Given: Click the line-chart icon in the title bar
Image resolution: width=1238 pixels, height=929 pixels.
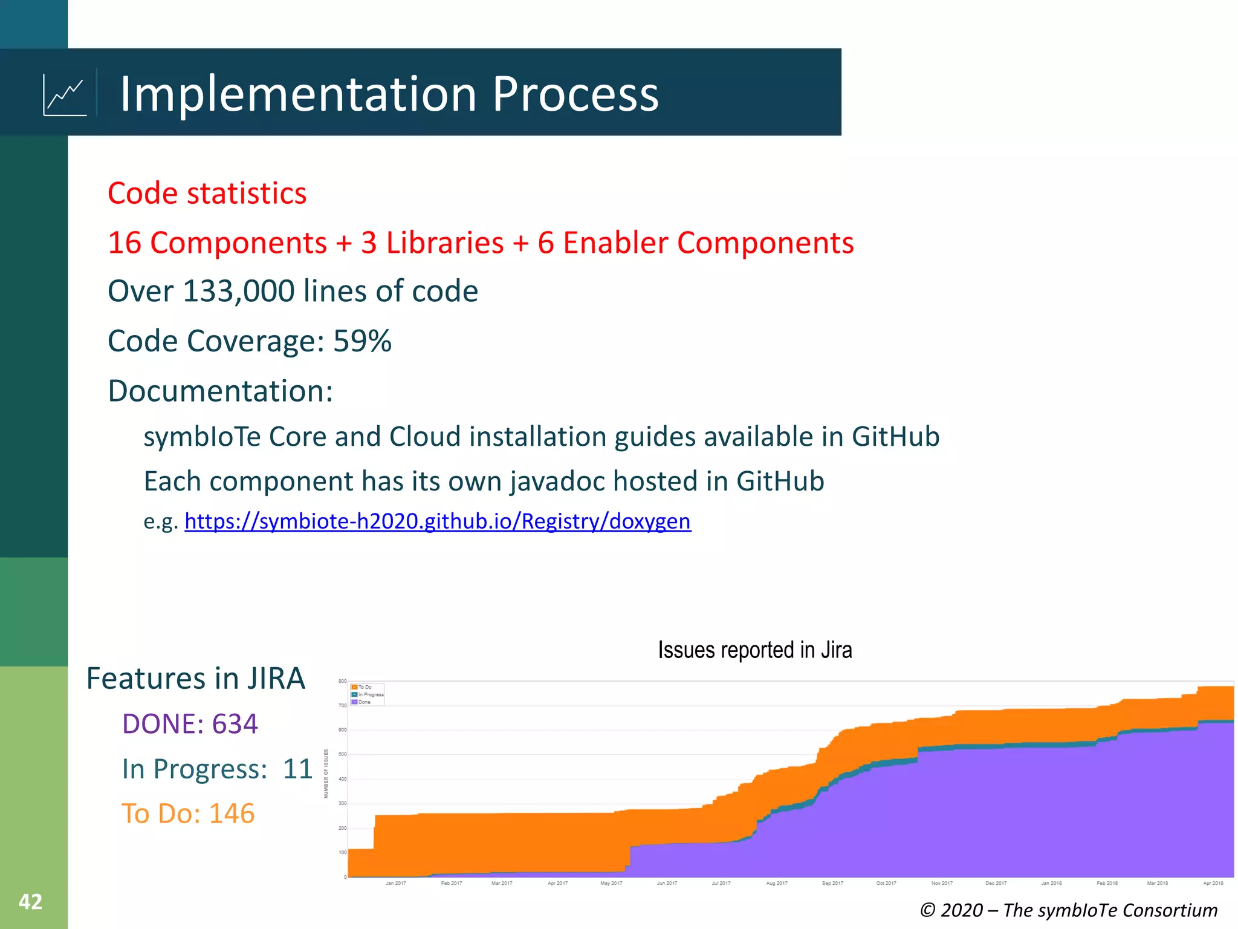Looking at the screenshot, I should point(65,95).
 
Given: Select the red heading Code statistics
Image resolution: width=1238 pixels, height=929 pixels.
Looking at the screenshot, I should point(207,194).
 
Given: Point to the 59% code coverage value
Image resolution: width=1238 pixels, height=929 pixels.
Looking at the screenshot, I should point(362,341).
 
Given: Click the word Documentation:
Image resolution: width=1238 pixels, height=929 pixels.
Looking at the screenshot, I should point(220,391).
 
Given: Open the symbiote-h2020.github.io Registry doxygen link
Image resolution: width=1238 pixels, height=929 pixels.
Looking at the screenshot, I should point(437,521).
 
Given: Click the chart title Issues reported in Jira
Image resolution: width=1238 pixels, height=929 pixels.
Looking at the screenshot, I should point(754,650).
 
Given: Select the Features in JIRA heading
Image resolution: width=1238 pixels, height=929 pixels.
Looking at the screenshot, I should point(195,679).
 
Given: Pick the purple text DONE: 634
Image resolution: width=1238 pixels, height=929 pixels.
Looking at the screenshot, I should point(190,724).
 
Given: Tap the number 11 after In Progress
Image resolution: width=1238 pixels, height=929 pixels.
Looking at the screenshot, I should point(297,769).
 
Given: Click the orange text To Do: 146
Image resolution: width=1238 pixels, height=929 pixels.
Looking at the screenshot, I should point(187,814).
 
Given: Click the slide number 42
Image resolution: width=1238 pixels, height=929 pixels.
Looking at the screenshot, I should point(30,902).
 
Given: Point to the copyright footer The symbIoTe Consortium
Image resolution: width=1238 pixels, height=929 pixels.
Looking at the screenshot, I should point(1068,910).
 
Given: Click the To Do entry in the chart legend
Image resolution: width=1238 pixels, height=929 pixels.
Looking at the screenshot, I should point(365,687).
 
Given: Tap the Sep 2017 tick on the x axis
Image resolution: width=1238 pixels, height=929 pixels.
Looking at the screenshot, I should point(832,883).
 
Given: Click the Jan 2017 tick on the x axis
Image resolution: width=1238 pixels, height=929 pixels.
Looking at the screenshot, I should point(396,883).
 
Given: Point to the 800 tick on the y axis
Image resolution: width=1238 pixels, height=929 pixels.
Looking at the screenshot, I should point(342,682).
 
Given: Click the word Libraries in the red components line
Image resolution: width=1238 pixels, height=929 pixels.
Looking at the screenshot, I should point(444,243).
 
